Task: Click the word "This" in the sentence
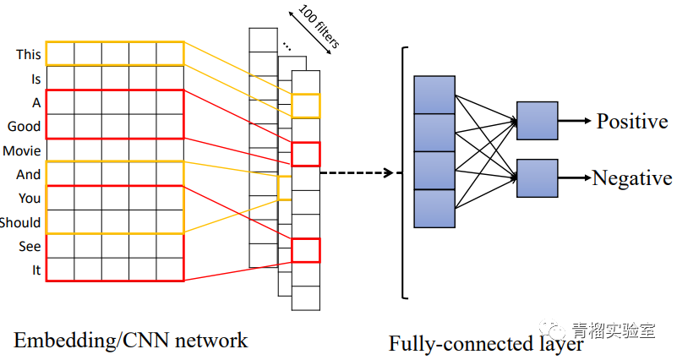click(x=28, y=54)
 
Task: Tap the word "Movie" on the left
click(x=21, y=151)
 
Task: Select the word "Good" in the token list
click(x=24, y=127)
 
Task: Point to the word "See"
click(x=30, y=247)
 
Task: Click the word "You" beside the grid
click(x=30, y=199)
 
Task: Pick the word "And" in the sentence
click(x=29, y=175)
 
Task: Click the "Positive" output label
click(x=632, y=122)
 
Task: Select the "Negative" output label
click(x=632, y=178)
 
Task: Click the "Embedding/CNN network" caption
click(x=131, y=341)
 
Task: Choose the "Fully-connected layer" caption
click(x=486, y=344)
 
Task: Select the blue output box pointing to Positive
click(x=537, y=121)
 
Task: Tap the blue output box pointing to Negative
click(x=537, y=178)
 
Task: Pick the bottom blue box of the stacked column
click(x=434, y=208)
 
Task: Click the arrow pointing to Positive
click(x=575, y=121)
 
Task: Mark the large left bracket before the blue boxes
click(x=404, y=173)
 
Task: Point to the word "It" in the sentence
click(x=35, y=270)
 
